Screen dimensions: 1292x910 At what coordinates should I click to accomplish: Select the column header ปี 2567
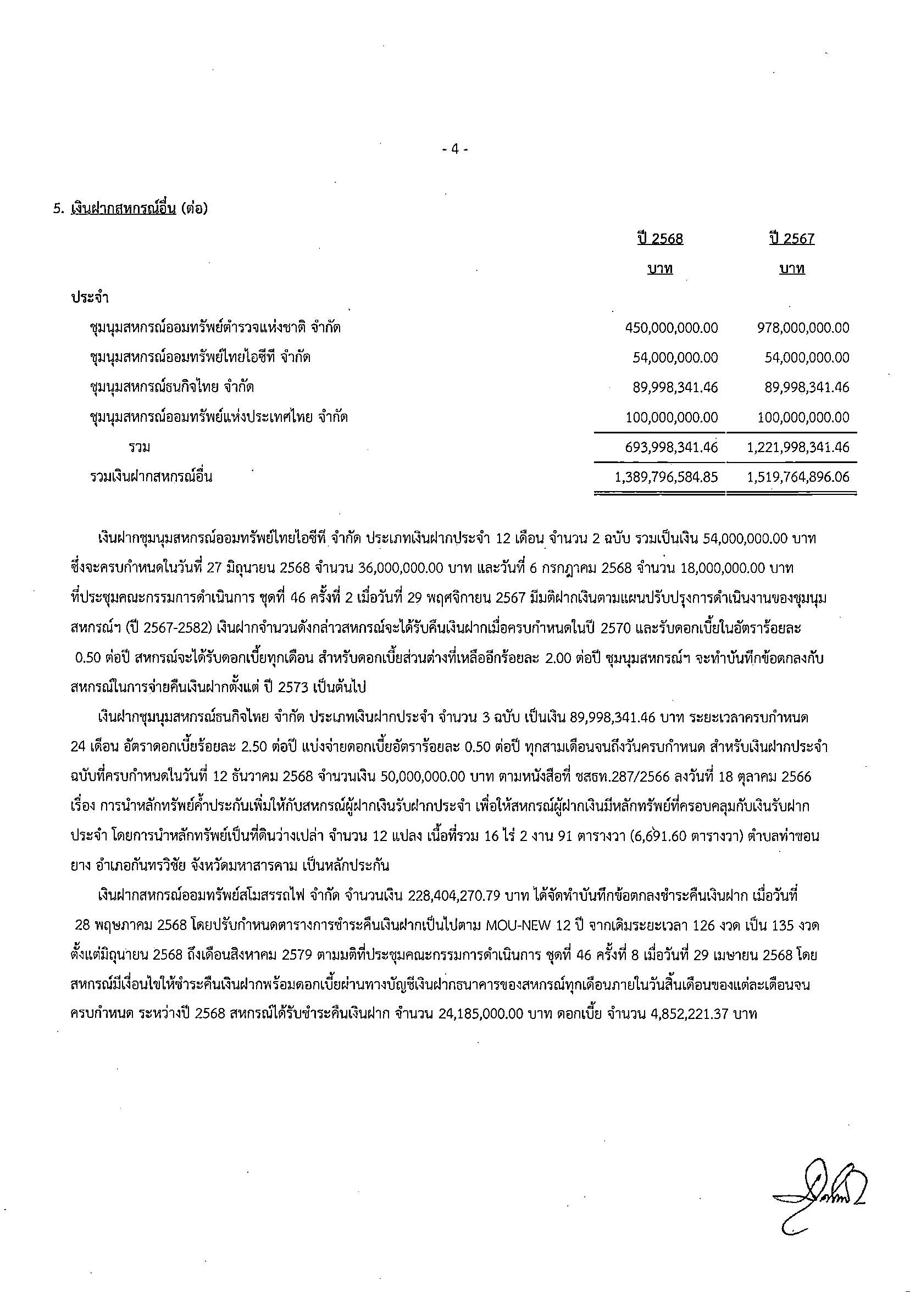792,239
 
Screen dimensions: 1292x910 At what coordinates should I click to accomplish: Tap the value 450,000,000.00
672,327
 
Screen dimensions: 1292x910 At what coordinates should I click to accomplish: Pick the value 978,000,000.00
803,327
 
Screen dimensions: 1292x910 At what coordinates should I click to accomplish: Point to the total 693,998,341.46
672,447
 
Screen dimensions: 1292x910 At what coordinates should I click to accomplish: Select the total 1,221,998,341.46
798,447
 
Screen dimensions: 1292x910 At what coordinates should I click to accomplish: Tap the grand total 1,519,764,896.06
798,477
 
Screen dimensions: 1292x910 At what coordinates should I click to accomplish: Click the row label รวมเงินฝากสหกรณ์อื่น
151,477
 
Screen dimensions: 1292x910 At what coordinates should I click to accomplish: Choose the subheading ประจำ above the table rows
90,298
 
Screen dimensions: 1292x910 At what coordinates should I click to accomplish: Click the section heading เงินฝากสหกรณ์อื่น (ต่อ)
138,209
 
